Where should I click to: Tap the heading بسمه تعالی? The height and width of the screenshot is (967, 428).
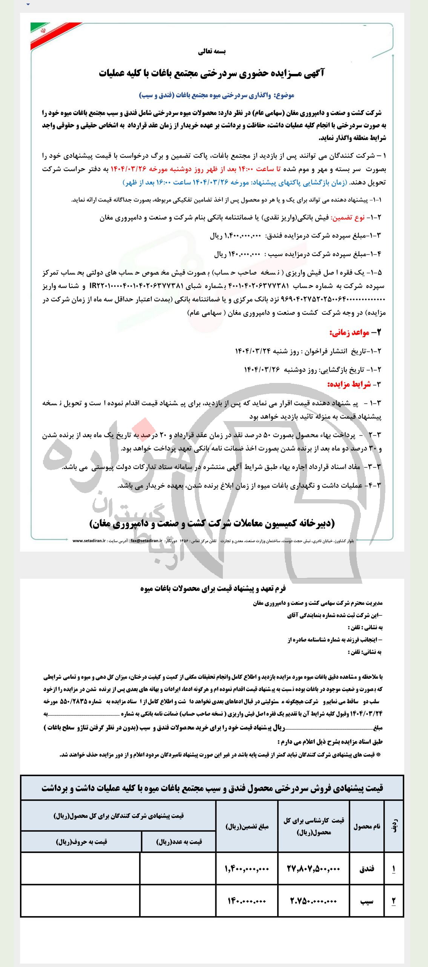(x=212, y=52)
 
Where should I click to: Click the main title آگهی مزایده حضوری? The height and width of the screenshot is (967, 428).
(x=212, y=73)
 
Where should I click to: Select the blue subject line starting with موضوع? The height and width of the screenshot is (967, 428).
(x=217, y=95)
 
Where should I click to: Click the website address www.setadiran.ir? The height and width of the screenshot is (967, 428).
(x=89, y=541)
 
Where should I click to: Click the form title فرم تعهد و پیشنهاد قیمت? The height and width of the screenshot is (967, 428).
(x=213, y=589)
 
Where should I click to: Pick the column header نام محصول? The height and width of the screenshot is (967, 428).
(x=367, y=827)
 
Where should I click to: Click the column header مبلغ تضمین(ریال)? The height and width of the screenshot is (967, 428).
(x=247, y=827)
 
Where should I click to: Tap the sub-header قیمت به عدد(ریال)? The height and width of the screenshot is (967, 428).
(x=179, y=841)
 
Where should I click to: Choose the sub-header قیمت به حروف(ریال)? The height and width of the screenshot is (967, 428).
(x=81, y=841)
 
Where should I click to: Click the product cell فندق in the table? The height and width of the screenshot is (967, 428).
(x=367, y=869)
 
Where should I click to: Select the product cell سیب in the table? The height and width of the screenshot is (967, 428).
(x=367, y=901)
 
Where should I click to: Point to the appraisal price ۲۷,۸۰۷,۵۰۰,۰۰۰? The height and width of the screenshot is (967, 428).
(x=314, y=869)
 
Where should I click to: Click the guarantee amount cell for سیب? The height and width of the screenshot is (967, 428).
(x=247, y=901)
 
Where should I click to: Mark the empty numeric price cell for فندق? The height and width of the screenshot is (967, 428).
(x=178, y=869)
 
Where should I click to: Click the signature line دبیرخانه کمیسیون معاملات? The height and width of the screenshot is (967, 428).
(x=212, y=523)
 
